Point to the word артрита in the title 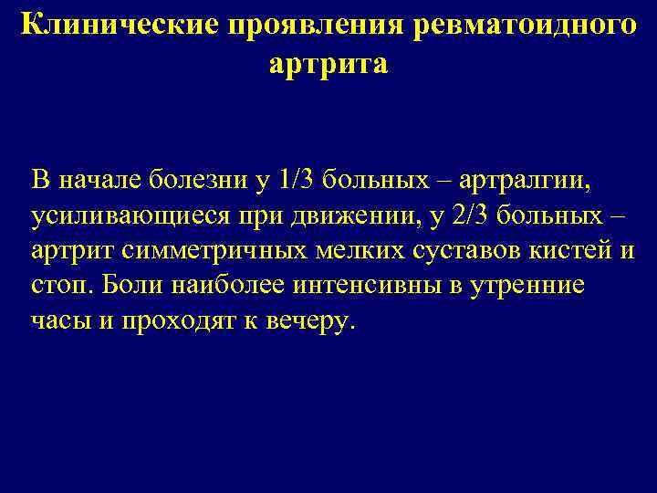(x=328, y=64)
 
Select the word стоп (x=59, y=287)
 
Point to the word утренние (x=532, y=287)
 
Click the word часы (x=59, y=322)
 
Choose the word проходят (x=174, y=322)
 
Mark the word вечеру (x=307, y=322)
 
